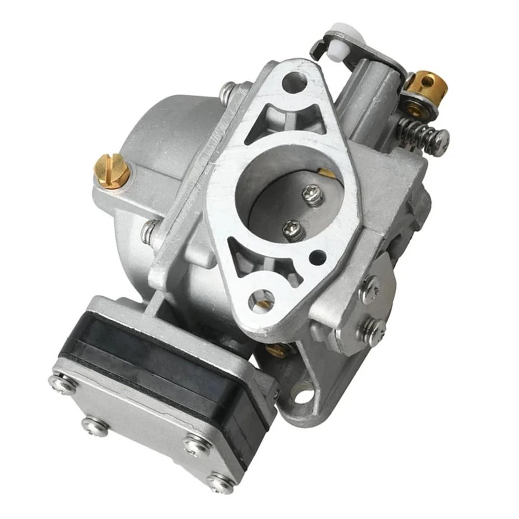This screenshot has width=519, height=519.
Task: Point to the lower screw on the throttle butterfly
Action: tap(294, 230)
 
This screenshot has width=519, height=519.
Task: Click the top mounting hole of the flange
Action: tap(294, 83)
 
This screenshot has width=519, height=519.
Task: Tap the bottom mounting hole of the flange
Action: tap(261, 301)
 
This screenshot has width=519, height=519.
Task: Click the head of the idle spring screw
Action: tap(441, 141)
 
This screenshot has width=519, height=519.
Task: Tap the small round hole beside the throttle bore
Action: tap(318, 256)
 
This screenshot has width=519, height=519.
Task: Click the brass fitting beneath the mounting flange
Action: tap(278, 350)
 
